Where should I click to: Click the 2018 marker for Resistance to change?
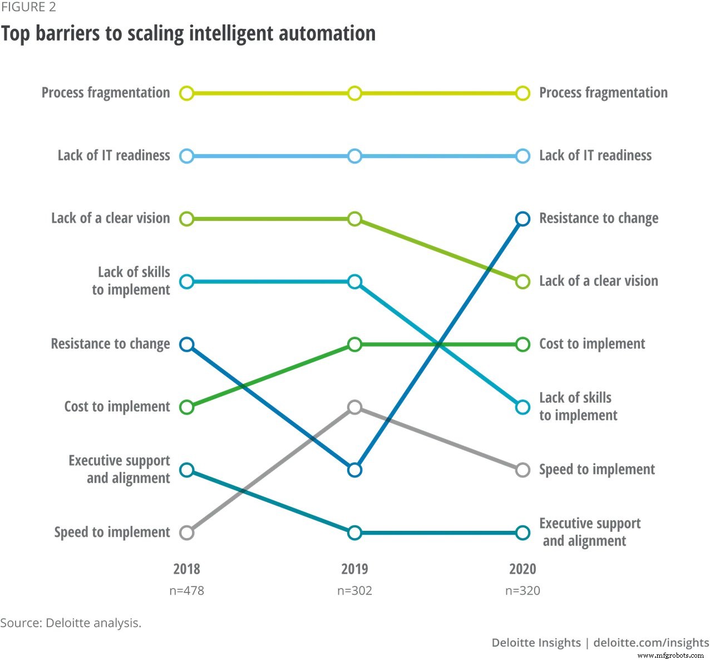tap(187, 344)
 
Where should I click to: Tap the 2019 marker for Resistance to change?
tap(354, 470)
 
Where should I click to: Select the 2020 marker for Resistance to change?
tap(522, 219)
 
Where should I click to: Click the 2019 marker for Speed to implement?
tap(354, 407)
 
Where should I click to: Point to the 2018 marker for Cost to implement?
tap(187, 407)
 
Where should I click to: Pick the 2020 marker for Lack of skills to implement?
tap(522, 407)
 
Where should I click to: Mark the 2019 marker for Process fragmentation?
tap(354, 93)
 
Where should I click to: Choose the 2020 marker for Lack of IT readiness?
tap(522, 156)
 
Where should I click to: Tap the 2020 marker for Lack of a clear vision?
tap(522, 282)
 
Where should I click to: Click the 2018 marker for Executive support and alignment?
tap(187, 470)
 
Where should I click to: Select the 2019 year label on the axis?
tap(354, 569)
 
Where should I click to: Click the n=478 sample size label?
tap(187, 591)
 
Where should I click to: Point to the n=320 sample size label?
tap(522, 591)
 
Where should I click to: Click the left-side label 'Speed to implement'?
tap(112, 532)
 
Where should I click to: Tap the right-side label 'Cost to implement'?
tap(592, 344)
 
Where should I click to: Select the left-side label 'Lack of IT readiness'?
tap(114, 155)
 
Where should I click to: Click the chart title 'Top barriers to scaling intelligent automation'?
tap(188, 33)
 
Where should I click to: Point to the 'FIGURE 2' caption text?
tap(28, 7)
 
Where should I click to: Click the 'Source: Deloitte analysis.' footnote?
tap(71, 623)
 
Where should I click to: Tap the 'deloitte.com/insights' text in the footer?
tap(651, 643)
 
